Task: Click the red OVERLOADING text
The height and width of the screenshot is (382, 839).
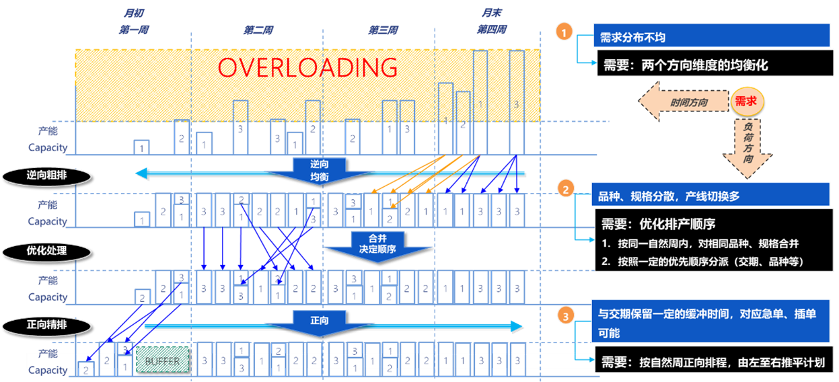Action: (x=307, y=68)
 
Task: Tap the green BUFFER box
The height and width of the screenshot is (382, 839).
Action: (x=163, y=360)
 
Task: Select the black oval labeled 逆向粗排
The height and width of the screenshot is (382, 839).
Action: (x=47, y=176)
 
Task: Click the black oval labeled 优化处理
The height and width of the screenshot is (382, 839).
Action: (x=47, y=252)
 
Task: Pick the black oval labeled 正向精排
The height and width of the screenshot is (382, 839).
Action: (x=47, y=325)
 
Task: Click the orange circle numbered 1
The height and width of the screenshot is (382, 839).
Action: (x=564, y=32)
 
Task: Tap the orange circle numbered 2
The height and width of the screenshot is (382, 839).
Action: (x=566, y=189)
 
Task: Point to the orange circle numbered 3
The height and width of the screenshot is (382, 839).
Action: (x=566, y=315)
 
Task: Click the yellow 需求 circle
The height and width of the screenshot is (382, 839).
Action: (x=747, y=102)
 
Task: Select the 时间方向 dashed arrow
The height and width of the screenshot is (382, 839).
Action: (x=684, y=102)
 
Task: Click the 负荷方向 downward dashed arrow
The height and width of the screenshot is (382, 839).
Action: (x=747, y=149)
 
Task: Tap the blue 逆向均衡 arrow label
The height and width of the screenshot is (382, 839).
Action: (x=320, y=170)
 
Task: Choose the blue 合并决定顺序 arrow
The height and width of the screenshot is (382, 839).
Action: (x=377, y=245)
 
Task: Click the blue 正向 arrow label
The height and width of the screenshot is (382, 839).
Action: (x=320, y=323)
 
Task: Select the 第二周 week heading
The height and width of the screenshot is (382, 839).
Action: (x=258, y=30)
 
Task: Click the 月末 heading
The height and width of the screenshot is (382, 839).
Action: (x=491, y=13)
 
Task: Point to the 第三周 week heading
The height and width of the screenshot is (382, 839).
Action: (x=383, y=30)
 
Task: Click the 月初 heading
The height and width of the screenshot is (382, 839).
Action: (x=134, y=13)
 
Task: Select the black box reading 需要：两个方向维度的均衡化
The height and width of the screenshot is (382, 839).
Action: (x=715, y=64)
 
